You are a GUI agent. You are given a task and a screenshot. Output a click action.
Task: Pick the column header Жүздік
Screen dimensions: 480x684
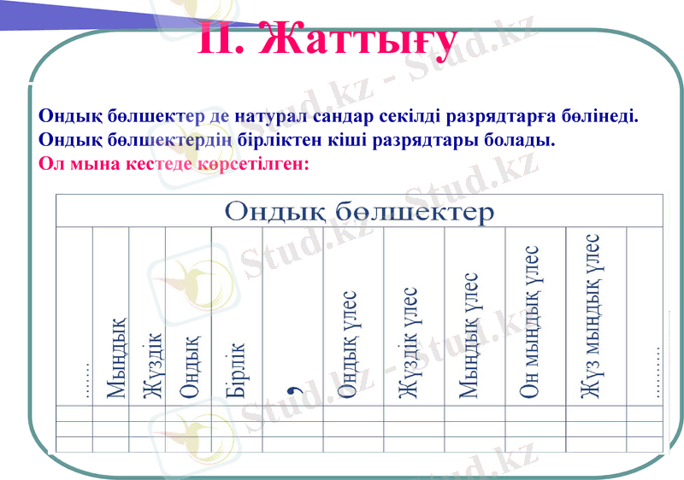151,366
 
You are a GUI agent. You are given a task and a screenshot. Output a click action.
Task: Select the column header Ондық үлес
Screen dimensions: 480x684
346,345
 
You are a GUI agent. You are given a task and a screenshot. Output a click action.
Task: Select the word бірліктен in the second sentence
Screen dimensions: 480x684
298,138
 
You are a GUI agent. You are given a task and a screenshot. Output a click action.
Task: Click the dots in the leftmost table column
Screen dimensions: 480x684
85,380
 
